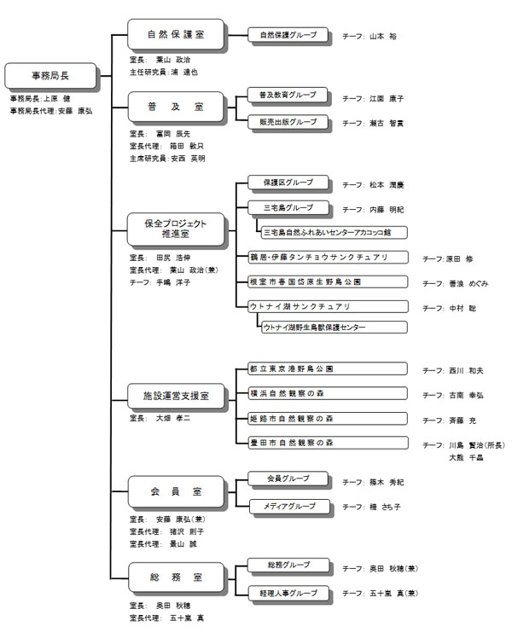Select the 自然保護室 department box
[175, 36]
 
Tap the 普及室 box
[175, 107]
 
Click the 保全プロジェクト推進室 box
[175, 227]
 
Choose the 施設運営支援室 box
[175, 397]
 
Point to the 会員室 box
[175, 491]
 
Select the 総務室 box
[175, 577]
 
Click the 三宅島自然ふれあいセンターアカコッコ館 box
[334, 232]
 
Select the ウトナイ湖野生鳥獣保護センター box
[334, 327]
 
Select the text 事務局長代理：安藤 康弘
[50, 111]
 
